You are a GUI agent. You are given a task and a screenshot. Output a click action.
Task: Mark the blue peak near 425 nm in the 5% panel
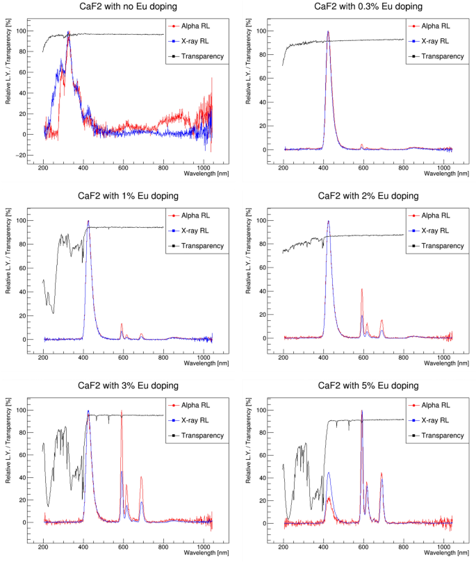329,473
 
